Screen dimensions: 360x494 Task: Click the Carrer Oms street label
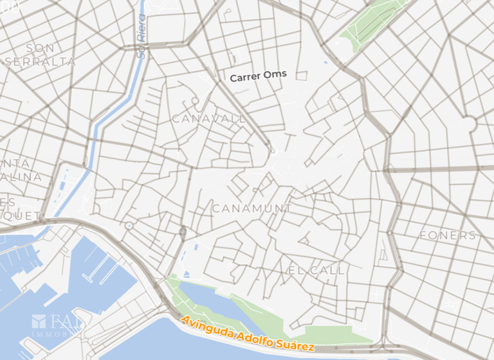coord(259,76)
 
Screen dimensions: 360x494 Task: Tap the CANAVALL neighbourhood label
coord(209,119)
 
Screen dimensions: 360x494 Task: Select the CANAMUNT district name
coord(252,209)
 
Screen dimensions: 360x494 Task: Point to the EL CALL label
coord(316,270)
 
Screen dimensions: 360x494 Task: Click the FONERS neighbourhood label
coord(448,235)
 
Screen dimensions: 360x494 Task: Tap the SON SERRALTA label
coord(40,55)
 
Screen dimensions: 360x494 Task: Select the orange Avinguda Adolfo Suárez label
coord(248,333)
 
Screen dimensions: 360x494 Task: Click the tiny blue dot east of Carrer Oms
coord(326,63)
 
